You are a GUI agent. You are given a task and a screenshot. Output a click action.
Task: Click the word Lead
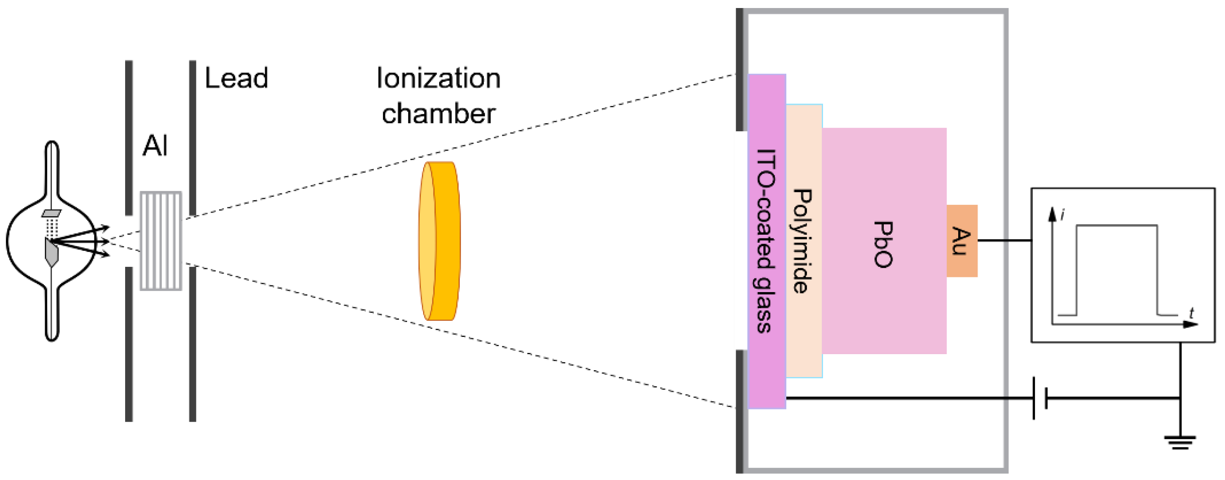click(236, 78)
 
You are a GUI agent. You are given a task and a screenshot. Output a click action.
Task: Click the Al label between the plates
click(155, 145)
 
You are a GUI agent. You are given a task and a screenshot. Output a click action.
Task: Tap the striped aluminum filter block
click(161, 241)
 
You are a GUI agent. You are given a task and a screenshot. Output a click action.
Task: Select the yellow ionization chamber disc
click(440, 241)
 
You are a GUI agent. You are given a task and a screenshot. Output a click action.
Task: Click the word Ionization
click(438, 78)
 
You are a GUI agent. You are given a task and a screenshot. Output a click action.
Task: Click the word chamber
click(438, 114)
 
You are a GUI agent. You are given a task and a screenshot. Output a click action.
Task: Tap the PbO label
click(884, 244)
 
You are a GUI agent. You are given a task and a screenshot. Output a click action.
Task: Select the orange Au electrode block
click(962, 241)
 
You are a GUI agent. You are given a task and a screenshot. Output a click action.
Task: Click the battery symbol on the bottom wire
click(1040, 398)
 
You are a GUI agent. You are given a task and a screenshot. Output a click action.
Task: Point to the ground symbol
click(1180, 442)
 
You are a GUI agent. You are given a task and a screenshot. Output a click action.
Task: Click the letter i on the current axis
click(1062, 215)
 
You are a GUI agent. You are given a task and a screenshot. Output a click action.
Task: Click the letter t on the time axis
click(1191, 313)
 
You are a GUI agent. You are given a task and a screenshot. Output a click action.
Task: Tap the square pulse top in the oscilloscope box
click(1117, 226)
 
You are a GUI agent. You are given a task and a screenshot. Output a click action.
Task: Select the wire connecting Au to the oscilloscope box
click(1003, 241)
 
